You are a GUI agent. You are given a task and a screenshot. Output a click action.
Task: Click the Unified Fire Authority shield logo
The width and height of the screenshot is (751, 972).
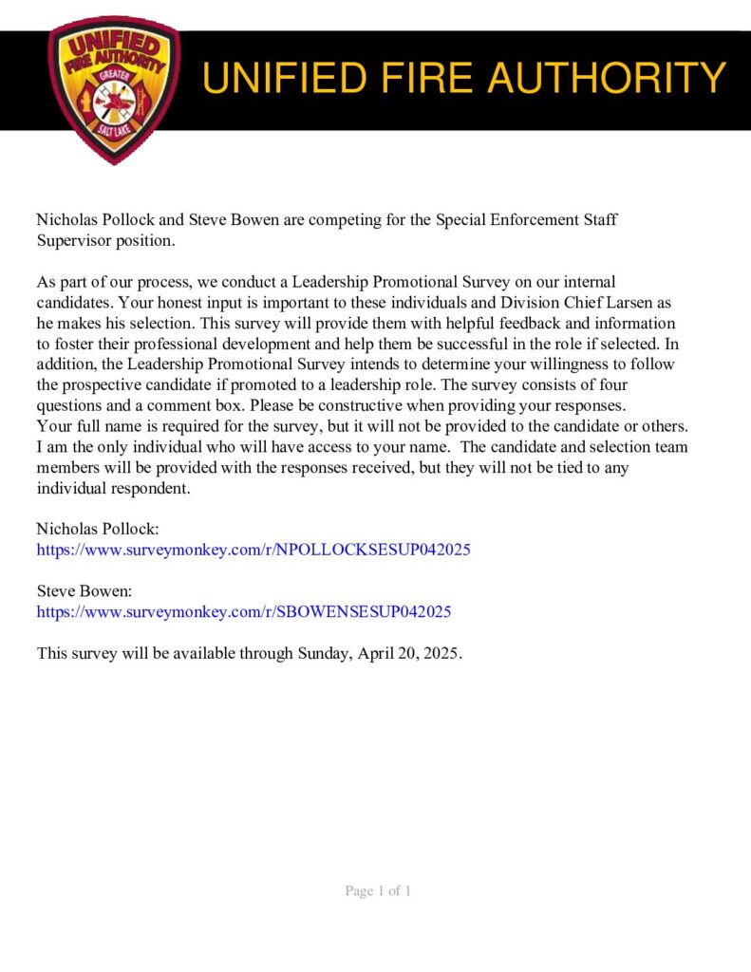(113, 89)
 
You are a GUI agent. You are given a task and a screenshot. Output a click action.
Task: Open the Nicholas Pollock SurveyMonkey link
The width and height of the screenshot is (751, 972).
(253, 550)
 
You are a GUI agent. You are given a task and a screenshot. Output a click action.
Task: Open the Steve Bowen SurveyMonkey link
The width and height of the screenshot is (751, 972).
(244, 612)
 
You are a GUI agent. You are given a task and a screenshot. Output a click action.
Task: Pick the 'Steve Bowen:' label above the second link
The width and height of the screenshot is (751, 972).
(84, 591)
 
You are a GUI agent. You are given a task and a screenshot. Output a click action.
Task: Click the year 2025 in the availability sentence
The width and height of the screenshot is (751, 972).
(440, 654)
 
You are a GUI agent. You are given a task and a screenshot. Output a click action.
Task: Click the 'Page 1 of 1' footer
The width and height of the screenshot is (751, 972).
(377, 891)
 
